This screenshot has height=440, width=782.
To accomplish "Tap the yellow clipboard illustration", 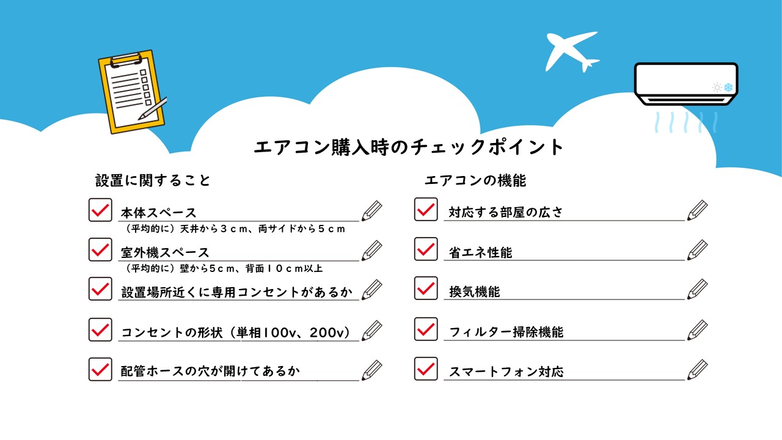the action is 131,92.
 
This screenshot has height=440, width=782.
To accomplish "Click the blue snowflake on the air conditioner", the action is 728,87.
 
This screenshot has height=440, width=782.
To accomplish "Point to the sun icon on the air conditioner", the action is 717,87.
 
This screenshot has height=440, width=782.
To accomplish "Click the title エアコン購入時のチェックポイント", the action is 408,147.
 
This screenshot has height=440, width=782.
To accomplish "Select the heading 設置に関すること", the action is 153,180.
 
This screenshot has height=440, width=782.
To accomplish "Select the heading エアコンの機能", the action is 475,180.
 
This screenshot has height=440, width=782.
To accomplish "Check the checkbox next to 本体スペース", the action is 100,210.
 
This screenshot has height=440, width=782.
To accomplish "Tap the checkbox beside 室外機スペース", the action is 100,250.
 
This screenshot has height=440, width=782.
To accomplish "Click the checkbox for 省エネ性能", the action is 426,249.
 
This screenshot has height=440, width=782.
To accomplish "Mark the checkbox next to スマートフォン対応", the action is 426,369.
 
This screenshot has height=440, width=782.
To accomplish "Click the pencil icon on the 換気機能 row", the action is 698,289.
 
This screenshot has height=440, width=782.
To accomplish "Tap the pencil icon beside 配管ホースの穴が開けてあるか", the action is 372,370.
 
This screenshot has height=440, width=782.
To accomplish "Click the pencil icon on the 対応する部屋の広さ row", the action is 698,210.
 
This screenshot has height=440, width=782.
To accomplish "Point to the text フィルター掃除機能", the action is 506,332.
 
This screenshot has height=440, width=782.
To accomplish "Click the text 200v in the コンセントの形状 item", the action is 327,332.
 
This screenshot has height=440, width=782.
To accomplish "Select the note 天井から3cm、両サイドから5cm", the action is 263,229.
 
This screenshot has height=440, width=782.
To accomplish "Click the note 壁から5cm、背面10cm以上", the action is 251,268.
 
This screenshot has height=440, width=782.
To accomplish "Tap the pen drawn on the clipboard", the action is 153,109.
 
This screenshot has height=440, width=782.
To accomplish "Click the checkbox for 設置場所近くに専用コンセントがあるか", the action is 100,289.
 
